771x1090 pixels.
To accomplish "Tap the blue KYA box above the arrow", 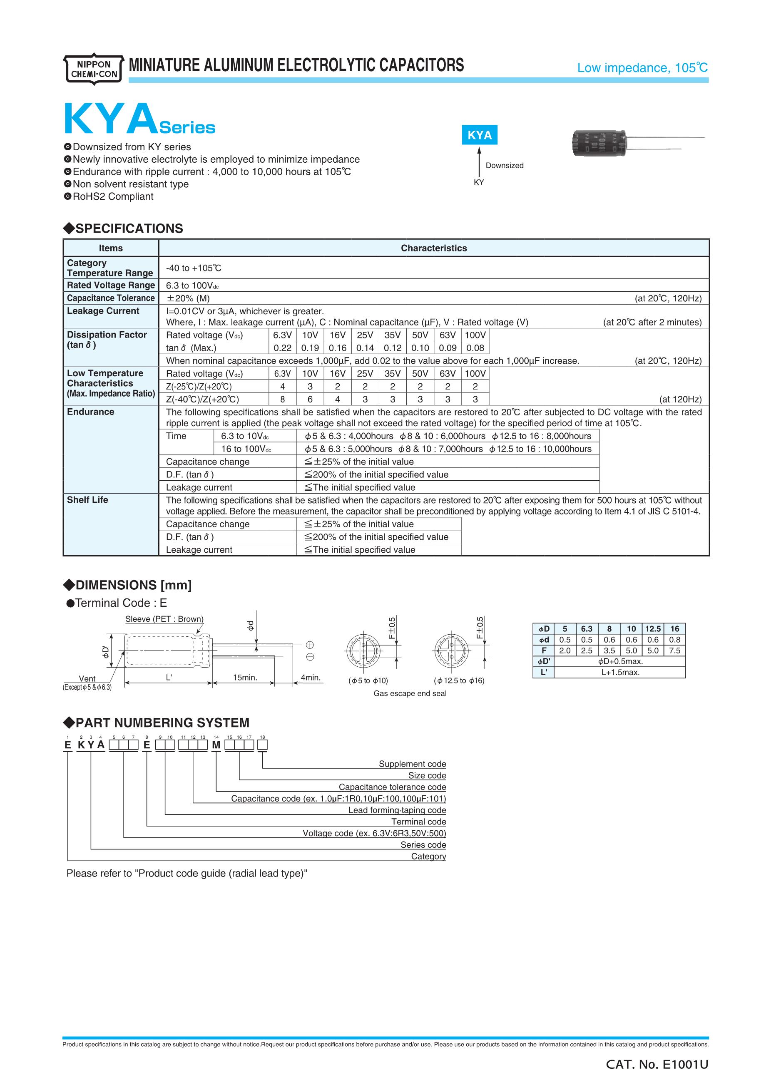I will [x=480, y=135].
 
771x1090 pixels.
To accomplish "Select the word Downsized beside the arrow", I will [x=504, y=166].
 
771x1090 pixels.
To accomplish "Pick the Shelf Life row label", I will [x=87, y=500].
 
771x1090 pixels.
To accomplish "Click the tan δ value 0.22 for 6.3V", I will [x=283, y=348].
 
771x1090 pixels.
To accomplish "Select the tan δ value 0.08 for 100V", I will [x=475, y=348].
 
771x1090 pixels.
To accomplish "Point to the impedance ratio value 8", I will [x=283, y=399].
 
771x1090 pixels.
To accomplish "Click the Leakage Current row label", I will [x=103, y=311].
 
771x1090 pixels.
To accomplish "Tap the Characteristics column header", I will [x=433, y=248].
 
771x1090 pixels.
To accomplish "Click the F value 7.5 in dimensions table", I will [x=674, y=651].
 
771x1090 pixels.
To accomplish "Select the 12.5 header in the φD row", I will [x=653, y=629].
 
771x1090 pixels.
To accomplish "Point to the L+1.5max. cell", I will [x=620, y=673].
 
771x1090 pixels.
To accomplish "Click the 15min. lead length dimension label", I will [x=245, y=678].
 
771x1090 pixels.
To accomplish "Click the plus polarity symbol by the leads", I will [x=310, y=645].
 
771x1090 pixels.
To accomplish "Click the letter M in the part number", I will [x=216, y=745].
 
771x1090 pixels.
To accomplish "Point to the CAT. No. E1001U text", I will [x=657, y=1065].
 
